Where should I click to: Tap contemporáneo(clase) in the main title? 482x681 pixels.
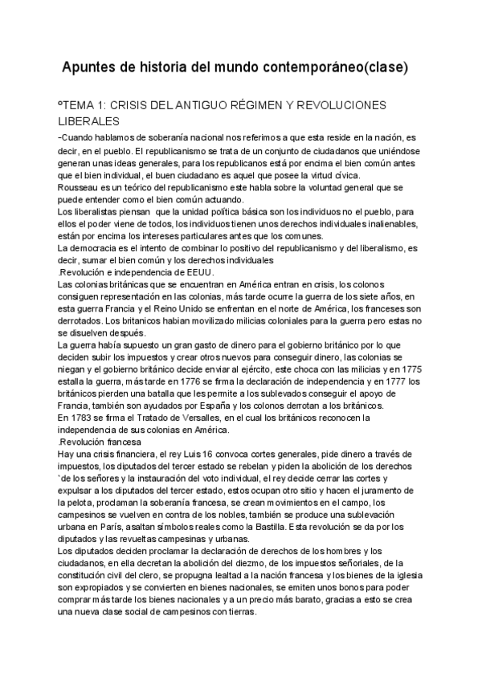coord(338,68)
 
